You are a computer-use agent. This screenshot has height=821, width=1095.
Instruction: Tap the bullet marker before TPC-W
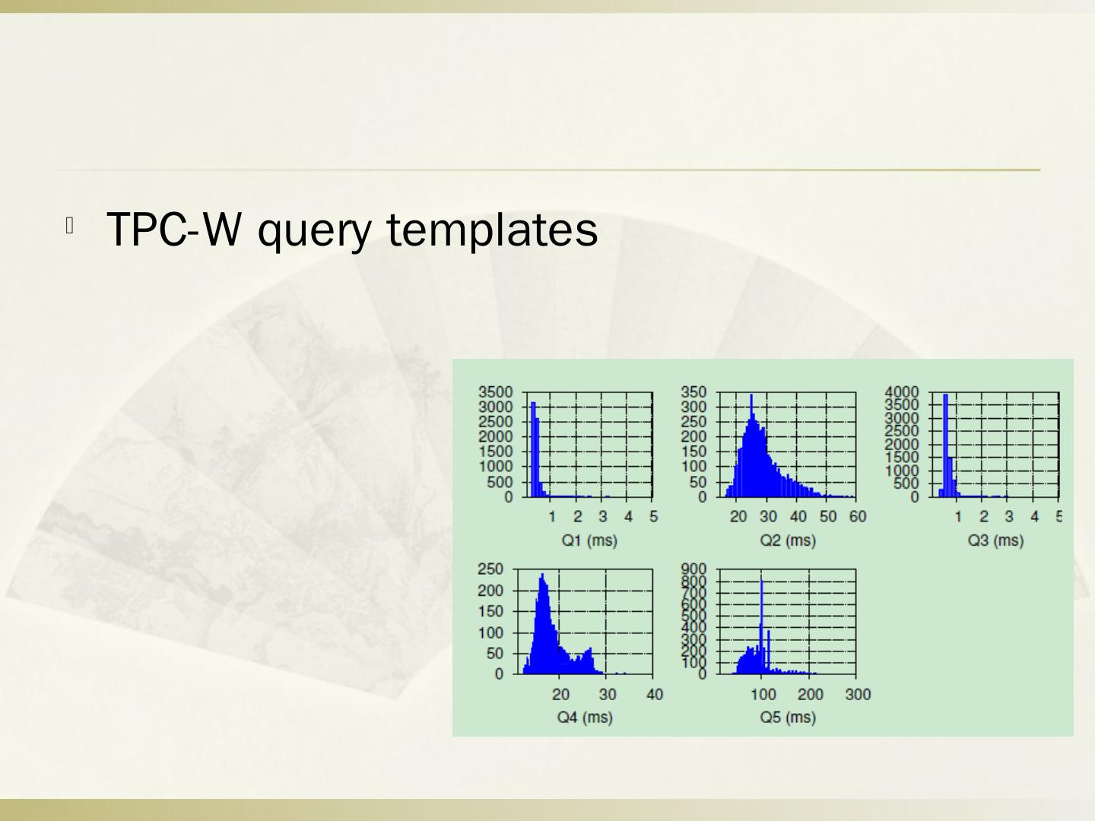point(69,226)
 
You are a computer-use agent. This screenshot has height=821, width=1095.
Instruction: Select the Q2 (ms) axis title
point(788,540)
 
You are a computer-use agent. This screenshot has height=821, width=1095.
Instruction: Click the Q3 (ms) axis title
point(995,540)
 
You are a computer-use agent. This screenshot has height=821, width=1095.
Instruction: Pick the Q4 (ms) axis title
point(585,717)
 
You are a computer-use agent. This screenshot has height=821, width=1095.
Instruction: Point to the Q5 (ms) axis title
point(788,717)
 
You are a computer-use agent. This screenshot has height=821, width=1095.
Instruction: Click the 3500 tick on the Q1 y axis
point(495,392)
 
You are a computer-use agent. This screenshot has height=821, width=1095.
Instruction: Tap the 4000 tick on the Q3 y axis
point(902,392)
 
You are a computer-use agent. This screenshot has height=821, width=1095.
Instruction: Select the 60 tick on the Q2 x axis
point(858,517)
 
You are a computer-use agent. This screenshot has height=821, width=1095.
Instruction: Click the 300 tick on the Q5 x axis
point(858,694)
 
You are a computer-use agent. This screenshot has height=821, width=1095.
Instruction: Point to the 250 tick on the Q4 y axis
point(490,569)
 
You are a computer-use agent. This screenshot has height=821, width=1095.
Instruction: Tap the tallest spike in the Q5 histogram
point(762,623)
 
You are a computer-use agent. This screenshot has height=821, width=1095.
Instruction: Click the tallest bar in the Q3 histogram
point(945,445)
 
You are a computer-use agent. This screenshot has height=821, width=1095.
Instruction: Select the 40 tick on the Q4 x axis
point(655,694)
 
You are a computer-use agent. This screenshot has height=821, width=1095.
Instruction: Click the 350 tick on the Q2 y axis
point(694,392)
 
